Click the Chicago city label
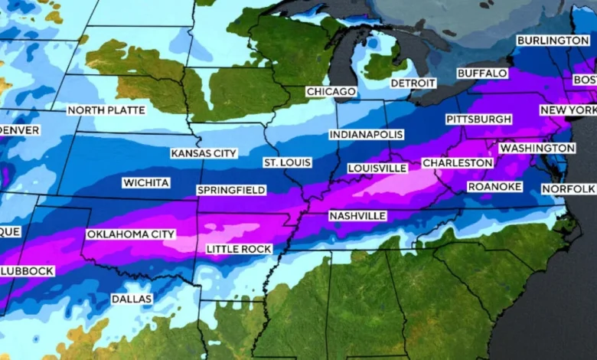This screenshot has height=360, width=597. pyautogui.click(x=331, y=92)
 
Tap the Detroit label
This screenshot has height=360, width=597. pyautogui.click(x=413, y=83)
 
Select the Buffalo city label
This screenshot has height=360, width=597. pyautogui.click(x=481, y=73)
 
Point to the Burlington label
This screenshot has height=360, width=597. pyautogui.click(x=552, y=40)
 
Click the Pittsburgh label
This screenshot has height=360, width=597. pyautogui.click(x=479, y=119)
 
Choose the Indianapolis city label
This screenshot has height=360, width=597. pyautogui.click(x=366, y=135)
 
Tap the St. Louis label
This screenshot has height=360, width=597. pyautogui.click(x=287, y=163)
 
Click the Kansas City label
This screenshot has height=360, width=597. pyautogui.click(x=204, y=153)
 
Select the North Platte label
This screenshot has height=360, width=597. pyautogui.click(x=106, y=110)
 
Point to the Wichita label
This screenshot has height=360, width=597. pyautogui.click(x=145, y=183)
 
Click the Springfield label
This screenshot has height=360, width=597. pyautogui.click(x=231, y=190)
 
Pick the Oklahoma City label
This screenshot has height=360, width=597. pyautogui.click(x=131, y=234)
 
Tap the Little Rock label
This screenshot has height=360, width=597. pyautogui.click(x=239, y=250)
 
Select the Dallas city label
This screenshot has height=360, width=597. pyautogui.click(x=131, y=298)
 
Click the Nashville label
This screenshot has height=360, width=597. pyautogui.click(x=357, y=216)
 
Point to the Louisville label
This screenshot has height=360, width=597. pyautogui.click(x=377, y=168)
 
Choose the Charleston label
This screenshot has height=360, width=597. pyautogui.click(x=458, y=163)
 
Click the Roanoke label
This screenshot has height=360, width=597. pyautogui.click(x=494, y=187)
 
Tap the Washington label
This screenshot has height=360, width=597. pyautogui.click(x=537, y=148)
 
